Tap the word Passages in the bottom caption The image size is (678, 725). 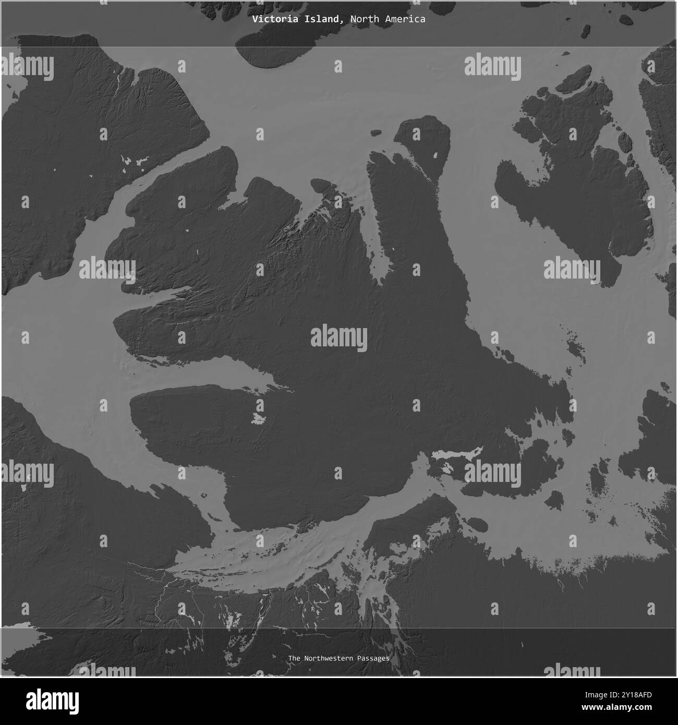(x=373, y=659)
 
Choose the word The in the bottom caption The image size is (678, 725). (x=294, y=659)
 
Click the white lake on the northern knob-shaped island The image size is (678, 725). (x=437, y=155)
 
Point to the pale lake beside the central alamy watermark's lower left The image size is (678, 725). (x=258, y=418)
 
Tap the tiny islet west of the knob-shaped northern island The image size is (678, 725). (x=375, y=133)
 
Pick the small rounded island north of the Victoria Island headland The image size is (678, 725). (x=321, y=185)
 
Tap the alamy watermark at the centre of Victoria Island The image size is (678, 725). (x=339, y=337)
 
